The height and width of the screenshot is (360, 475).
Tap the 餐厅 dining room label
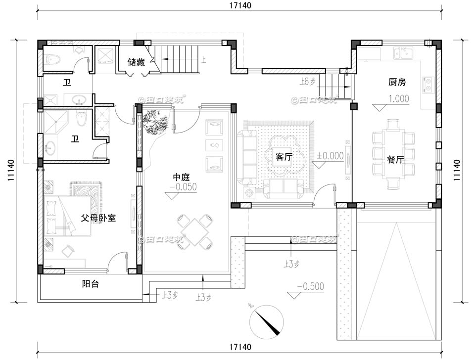pos(395,160)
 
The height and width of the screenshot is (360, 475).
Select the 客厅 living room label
pos(283,157)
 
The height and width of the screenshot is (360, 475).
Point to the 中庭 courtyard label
pos(181,177)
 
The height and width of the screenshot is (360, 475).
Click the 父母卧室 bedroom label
pos(98,217)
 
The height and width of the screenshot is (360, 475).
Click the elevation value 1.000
pos(399,98)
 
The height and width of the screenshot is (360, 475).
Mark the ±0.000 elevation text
pos(330,155)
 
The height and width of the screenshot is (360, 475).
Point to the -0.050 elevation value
pos(183,187)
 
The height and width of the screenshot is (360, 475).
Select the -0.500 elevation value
pos(310,286)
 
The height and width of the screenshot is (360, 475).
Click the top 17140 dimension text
pos(240,6)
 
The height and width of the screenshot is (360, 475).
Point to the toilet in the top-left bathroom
pos(53,60)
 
